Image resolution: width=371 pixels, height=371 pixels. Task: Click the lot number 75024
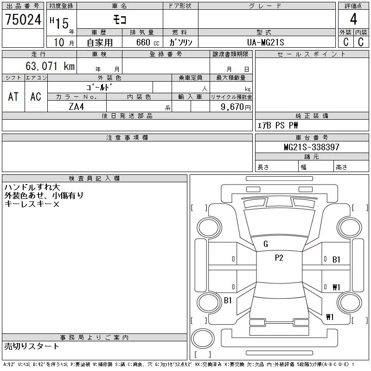[x=23, y=19]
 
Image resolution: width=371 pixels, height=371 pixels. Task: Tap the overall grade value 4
[x=353, y=19]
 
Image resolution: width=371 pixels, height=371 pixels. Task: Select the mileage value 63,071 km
[x=50, y=66]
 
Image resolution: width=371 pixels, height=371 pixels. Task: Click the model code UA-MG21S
[x=265, y=42]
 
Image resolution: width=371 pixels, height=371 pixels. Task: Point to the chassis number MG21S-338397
[x=312, y=147]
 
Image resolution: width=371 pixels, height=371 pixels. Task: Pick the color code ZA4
[x=77, y=107]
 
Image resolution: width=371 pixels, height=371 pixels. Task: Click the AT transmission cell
[x=13, y=96]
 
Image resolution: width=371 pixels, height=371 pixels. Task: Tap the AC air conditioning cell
[x=36, y=96]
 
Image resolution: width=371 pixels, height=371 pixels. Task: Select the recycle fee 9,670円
[x=236, y=107]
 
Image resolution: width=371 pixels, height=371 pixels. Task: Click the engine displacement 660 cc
[x=148, y=42]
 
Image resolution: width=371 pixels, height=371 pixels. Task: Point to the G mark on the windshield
[x=266, y=244]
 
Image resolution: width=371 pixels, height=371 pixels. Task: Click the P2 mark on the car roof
[x=279, y=258]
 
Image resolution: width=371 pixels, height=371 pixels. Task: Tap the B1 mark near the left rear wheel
[x=228, y=300]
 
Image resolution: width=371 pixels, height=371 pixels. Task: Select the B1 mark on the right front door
[x=336, y=260]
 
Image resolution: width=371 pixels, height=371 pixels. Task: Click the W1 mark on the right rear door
[x=336, y=287]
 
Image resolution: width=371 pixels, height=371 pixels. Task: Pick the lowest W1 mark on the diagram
[x=330, y=317]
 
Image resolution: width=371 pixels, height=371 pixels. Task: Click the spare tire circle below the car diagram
[x=203, y=338]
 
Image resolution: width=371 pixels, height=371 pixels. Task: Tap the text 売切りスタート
[x=32, y=346]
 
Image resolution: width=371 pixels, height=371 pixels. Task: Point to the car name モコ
[x=120, y=19]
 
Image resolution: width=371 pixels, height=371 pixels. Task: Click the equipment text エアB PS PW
[x=277, y=125]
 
